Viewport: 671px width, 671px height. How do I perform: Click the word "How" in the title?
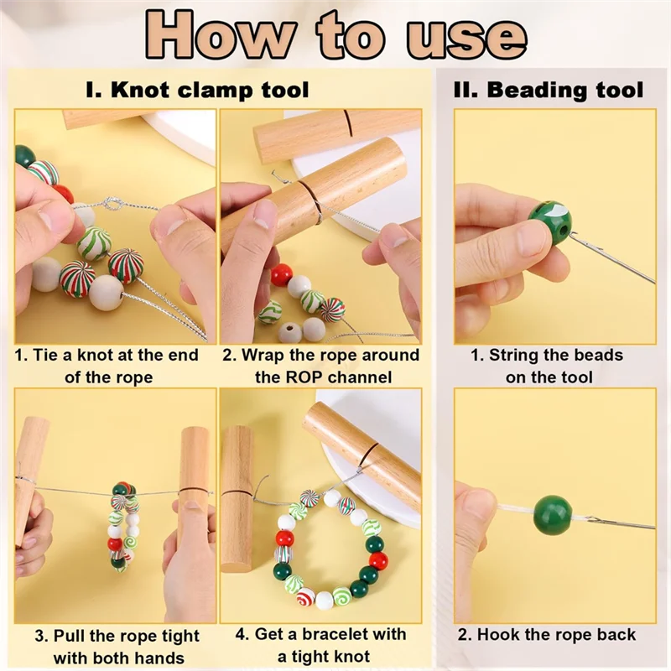coord(220,35)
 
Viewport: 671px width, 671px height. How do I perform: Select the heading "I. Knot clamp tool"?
coord(197,90)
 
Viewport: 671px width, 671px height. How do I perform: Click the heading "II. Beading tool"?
coord(549,90)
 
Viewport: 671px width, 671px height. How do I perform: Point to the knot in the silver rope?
coord(112,204)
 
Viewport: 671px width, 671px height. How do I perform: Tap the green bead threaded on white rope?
coord(553,516)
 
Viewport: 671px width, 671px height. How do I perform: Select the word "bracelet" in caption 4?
coord(334,634)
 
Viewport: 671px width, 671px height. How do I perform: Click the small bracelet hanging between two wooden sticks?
coord(124,527)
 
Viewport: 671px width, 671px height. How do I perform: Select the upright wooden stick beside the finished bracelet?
coord(237,498)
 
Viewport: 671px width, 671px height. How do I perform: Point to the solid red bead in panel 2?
coord(282,274)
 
